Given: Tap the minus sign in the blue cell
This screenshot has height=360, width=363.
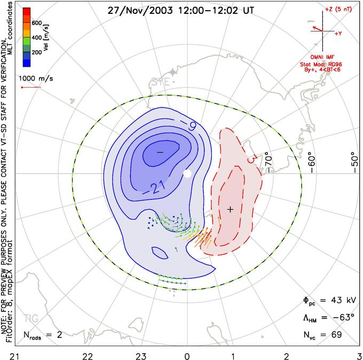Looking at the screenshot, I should [159, 152].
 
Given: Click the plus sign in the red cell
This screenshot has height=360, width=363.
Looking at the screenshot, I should [230, 209].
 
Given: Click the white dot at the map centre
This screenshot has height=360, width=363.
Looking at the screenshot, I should [187, 174].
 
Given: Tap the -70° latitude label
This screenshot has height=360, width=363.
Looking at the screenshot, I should [268, 160].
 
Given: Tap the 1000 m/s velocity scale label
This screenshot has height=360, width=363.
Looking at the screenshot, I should [38, 78].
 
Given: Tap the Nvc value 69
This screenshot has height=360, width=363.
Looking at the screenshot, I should [336, 334].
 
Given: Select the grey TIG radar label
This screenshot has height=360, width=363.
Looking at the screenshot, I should [31, 319].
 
